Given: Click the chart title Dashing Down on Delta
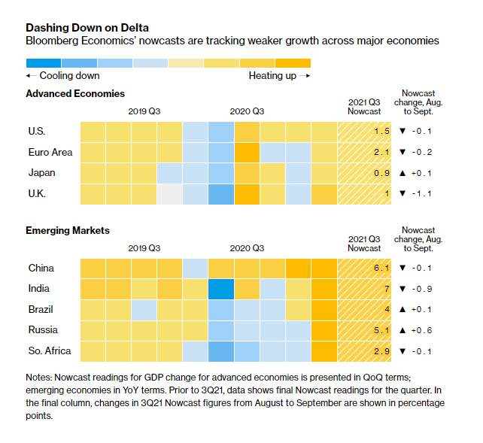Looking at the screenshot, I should [x=87, y=28].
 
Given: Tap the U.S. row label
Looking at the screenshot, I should [x=36, y=131].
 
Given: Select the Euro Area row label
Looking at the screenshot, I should [x=49, y=152].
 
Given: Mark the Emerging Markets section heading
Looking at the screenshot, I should [x=68, y=230].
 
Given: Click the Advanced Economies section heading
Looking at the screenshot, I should [x=75, y=93].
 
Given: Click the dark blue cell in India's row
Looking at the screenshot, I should [x=221, y=289].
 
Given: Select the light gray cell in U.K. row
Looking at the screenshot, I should [x=169, y=194].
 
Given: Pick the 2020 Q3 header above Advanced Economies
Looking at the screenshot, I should [x=247, y=111].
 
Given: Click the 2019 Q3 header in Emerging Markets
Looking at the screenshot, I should [x=144, y=247].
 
